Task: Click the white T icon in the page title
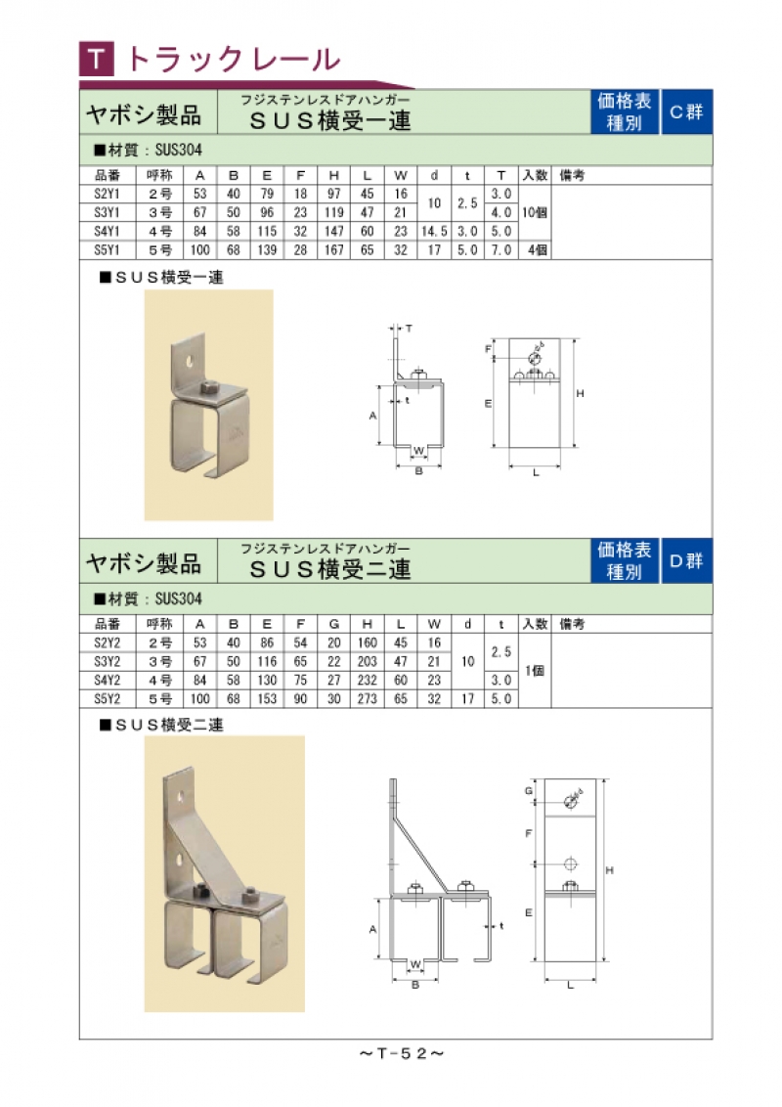[97, 60]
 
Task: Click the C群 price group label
[686, 112]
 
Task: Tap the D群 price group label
[686, 561]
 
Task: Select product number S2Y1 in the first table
[108, 194]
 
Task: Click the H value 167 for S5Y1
[334, 250]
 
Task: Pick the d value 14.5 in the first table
[434, 231]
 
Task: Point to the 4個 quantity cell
[537, 250]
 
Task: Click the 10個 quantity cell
[535, 212]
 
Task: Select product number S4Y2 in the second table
[108, 680]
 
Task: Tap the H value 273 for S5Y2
[367, 699]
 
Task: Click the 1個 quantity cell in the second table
[535, 671]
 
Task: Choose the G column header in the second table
[334, 624]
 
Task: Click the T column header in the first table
[501, 175]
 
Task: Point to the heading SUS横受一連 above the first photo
[161, 278]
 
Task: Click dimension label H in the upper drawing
[581, 393]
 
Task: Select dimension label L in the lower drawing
[570, 985]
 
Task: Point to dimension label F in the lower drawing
[528, 834]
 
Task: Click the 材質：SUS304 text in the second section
[149, 598]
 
